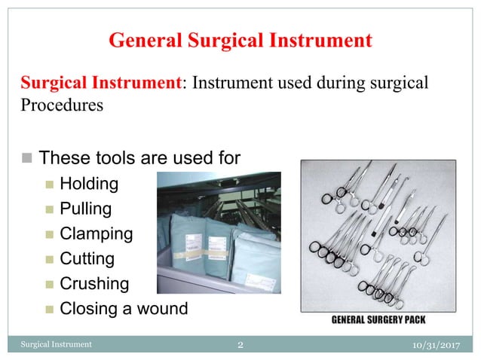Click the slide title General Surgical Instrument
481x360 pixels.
(240, 39)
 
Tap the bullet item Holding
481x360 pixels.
(89, 183)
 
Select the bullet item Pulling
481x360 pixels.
(86, 208)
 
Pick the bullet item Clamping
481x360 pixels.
(97, 233)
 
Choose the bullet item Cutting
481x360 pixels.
(87, 258)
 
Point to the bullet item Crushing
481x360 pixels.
(94, 284)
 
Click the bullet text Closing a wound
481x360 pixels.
(124, 308)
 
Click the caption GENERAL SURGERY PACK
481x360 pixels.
(378, 319)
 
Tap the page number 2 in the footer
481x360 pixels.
(240, 345)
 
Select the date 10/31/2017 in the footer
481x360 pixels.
(438, 345)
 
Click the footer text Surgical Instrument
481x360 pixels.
(56, 345)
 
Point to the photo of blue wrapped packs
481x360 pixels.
(218, 232)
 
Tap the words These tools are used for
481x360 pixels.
(139, 158)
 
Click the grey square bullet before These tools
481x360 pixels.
(27, 159)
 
